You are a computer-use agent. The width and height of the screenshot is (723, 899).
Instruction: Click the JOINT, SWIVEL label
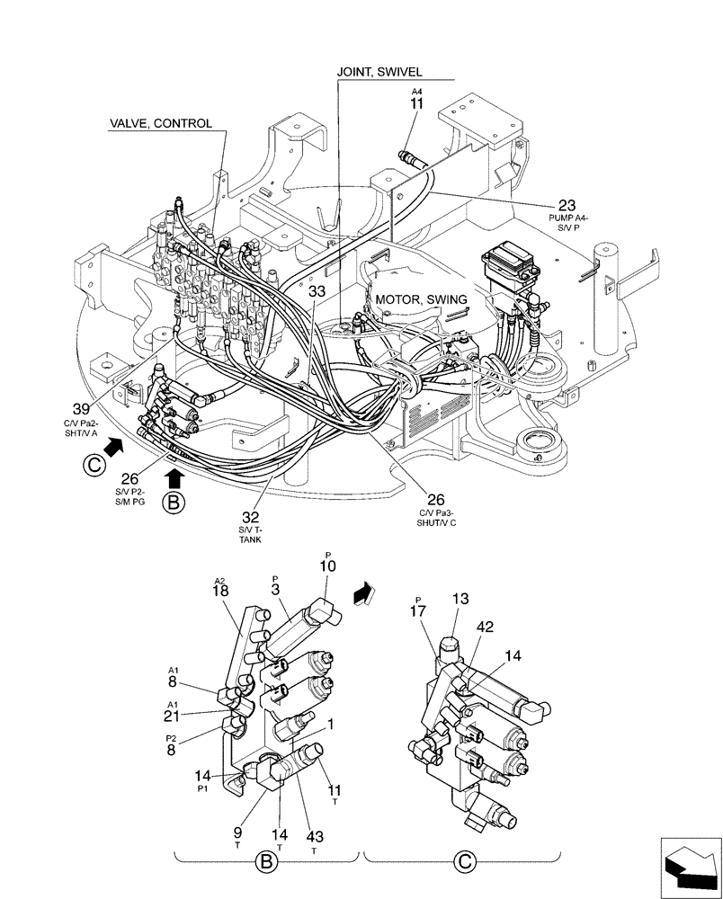[379, 72]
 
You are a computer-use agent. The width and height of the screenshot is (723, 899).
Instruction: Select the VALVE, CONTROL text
[161, 123]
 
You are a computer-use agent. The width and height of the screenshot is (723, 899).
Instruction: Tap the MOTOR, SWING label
[421, 299]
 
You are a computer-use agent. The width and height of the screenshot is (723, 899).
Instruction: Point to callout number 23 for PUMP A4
[567, 205]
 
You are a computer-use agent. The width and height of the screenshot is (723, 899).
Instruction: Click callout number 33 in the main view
[317, 291]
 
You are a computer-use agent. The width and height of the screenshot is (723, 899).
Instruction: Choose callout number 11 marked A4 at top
[416, 105]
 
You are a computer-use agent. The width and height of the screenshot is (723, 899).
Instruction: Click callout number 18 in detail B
[221, 592]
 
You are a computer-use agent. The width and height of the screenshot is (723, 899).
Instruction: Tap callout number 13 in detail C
[460, 599]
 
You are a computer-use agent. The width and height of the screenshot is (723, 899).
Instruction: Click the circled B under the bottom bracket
[265, 863]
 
